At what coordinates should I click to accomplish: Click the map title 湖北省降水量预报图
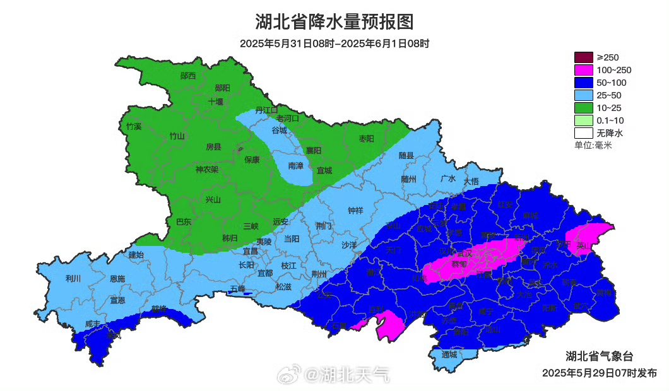[x=334, y=22]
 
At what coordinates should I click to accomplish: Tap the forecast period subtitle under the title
[x=334, y=44]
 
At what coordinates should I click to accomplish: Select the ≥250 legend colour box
[x=583, y=57]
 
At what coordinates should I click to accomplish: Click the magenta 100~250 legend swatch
[x=583, y=70]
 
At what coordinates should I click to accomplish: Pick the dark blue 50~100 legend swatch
[x=583, y=83]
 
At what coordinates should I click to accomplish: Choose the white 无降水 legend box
[x=583, y=133]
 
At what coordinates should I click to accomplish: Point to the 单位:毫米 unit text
[x=593, y=145]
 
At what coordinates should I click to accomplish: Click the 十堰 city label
[x=216, y=101]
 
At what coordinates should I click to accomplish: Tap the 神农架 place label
[x=206, y=169]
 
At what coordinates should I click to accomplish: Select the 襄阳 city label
[x=314, y=150]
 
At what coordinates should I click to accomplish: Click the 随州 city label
[x=409, y=178]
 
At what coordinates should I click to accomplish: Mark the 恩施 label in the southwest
[x=117, y=278]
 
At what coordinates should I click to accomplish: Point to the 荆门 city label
[x=324, y=225]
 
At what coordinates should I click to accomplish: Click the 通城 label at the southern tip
[x=449, y=354]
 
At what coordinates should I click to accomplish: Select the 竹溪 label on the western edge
[x=134, y=126]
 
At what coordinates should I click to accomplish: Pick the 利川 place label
[x=73, y=277]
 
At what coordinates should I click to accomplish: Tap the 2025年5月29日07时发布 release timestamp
[x=599, y=373]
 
